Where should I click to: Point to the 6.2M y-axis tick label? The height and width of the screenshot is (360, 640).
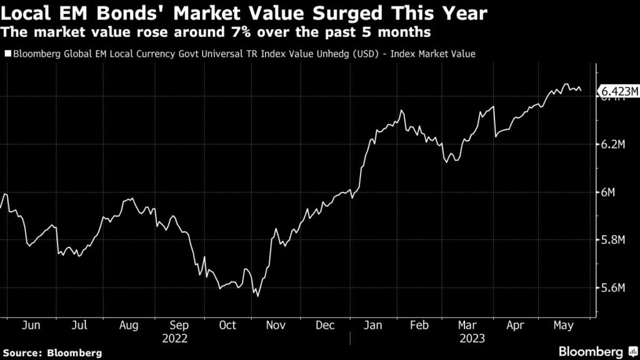[x=613, y=144]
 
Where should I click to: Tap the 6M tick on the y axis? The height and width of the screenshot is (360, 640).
[x=609, y=192]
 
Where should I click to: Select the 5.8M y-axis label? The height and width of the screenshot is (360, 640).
[x=613, y=240]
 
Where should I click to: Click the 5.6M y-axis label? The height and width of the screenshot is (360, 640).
[x=613, y=288]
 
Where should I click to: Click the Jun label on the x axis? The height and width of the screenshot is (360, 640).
[x=31, y=326]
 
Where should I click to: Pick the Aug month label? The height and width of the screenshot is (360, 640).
[x=129, y=326]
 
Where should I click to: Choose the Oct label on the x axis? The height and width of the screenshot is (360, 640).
[x=227, y=326]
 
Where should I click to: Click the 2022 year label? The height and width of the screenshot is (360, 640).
[x=175, y=338]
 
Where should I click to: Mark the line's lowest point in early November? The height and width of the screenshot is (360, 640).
[x=258, y=296]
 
